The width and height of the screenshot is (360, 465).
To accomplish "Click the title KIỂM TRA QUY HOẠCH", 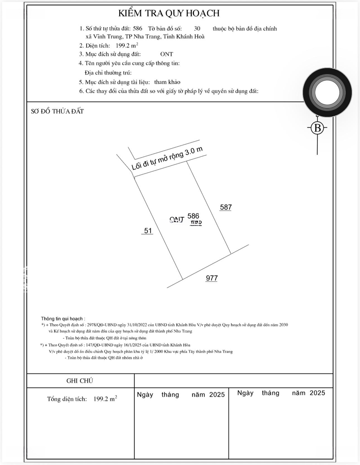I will coord(169,13).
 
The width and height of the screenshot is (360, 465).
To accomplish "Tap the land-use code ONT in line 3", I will coord(166,54).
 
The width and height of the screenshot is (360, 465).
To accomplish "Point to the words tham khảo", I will coord(167,82).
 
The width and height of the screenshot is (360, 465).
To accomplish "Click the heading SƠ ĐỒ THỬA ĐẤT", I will coord(57,111).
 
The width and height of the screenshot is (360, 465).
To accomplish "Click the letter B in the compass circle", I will coord(317,128).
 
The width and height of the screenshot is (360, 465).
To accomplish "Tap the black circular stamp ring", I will coord(325,93).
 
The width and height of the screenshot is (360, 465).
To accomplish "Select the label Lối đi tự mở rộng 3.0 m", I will coord(166,159).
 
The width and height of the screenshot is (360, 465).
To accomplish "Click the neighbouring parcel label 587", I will coord(226,207).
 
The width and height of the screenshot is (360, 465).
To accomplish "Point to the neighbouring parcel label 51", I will coord(148,231).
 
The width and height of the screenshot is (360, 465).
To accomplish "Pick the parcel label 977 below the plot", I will coord(212,278).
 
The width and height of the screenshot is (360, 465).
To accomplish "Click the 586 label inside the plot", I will coord(194,216).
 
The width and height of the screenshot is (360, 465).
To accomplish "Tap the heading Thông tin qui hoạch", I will coord(63,318).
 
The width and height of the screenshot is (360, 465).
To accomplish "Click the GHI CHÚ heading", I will coord(80,381).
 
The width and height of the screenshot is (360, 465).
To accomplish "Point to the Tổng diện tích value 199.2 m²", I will coord(105,399).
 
